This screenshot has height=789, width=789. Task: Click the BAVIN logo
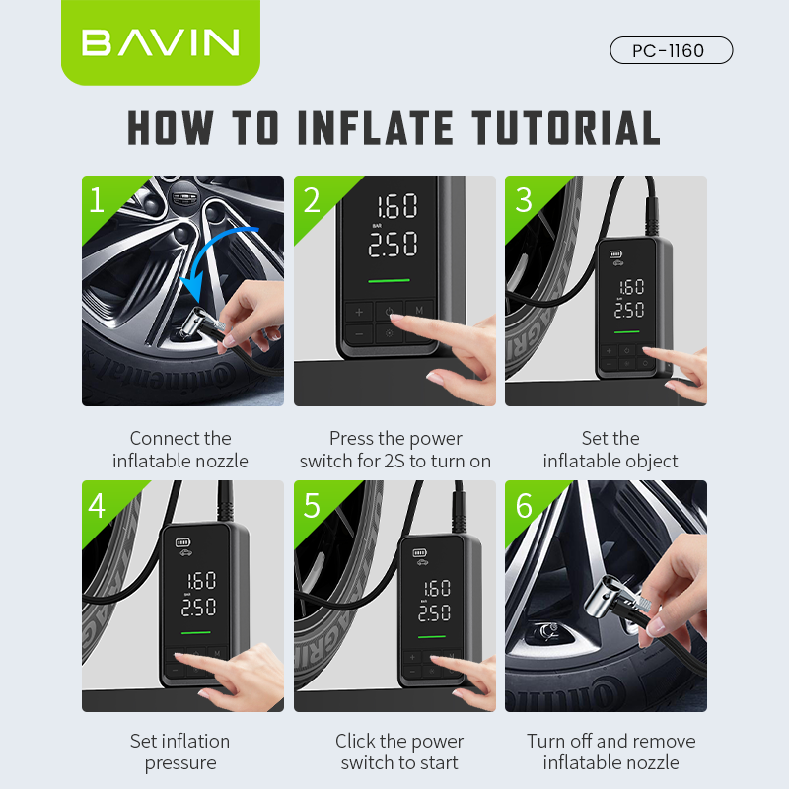tap(160, 42)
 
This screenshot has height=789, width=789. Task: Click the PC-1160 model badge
tap(671, 50)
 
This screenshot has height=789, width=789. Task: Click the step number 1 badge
tap(97, 200)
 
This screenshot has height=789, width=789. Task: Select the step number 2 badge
tap(312, 200)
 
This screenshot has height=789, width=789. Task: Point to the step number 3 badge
tap(524, 200)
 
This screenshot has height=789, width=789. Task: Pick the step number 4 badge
tap(97, 505)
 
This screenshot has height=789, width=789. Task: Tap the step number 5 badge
tap(312, 505)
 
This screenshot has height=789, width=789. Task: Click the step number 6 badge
tap(524, 505)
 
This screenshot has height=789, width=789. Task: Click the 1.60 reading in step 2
tap(393, 207)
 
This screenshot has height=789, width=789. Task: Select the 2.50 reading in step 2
tap(393, 245)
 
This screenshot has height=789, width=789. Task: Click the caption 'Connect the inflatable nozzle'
tap(180, 450)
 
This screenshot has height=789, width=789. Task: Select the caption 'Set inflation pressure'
tap(180, 752)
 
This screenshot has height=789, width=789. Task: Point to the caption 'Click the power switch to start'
tap(399, 752)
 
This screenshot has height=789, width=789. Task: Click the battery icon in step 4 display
tap(183, 541)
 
